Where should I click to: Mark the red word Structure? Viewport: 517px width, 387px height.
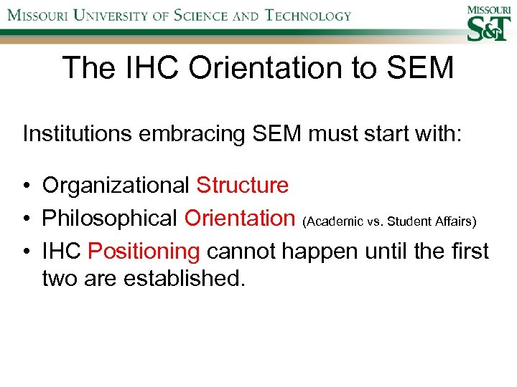(242, 186)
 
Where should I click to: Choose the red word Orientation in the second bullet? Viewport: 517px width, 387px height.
(240, 218)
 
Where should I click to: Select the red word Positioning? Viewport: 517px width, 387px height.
(144, 251)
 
